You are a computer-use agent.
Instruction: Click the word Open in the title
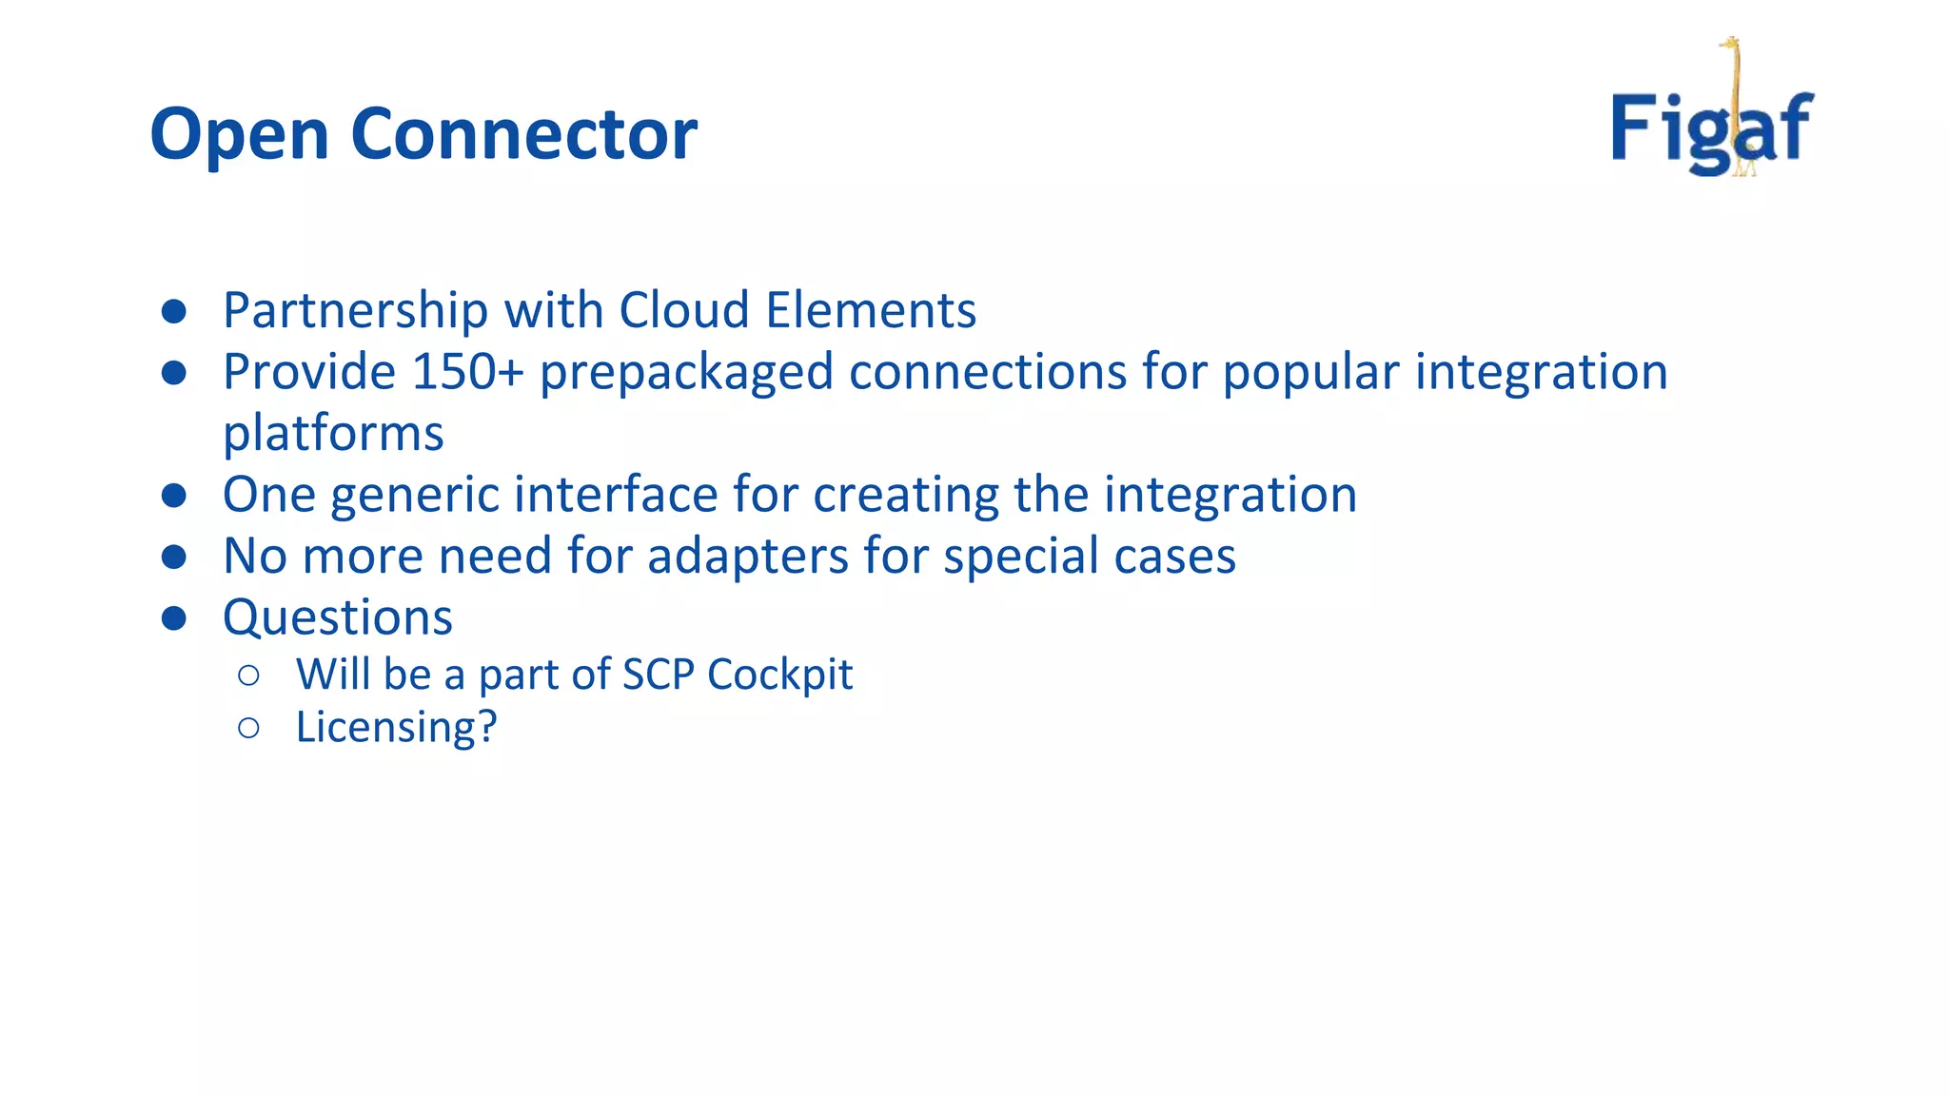coord(240,135)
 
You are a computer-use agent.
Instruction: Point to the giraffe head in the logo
coord(1730,44)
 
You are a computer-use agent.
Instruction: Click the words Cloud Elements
coord(797,310)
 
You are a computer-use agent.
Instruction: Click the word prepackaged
coord(686,373)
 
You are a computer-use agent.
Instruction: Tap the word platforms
coord(333,434)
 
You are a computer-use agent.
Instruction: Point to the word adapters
coord(747,557)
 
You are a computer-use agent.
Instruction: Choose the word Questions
coord(337,618)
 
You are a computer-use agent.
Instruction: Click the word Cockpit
coord(779,675)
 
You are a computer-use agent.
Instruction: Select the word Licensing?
coord(396,728)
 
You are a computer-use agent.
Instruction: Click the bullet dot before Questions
coord(173,619)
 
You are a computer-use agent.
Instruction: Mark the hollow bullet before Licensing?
coord(248,729)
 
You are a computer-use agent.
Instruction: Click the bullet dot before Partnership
coord(173,311)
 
